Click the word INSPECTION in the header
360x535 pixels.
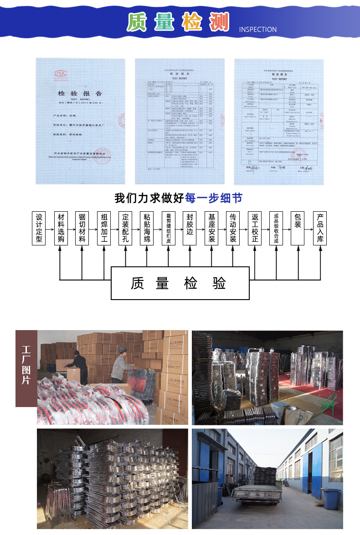point(257,30)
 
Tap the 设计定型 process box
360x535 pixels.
point(39,228)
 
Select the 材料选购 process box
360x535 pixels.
point(61,228)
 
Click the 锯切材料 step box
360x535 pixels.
point(82,228)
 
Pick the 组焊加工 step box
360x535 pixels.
point(104,228)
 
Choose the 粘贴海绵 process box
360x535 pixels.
point(147,228)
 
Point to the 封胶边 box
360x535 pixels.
point(190,228)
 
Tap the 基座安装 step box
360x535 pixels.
point(211,228)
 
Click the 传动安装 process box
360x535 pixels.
point(233,228)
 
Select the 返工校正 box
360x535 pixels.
point(255,228)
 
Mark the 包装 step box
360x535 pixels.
point(298,228)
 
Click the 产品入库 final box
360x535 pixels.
point(320,228)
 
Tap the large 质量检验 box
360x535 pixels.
point(180,283)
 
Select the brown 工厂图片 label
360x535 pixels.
point(26,368)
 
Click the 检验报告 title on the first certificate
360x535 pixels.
point(80,93)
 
